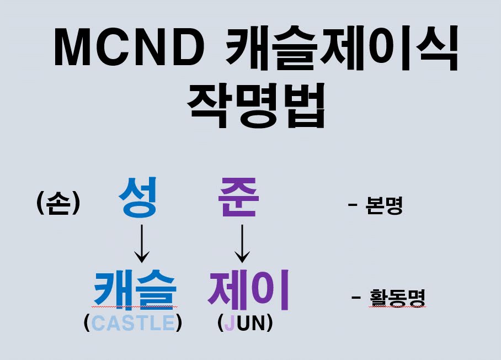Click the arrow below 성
coord(142,243)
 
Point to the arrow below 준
coord(242,243)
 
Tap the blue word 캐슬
coord(135,289)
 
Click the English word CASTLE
coord(133,323)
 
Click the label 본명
coord(384,207)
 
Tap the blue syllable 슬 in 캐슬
coord(157,289)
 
